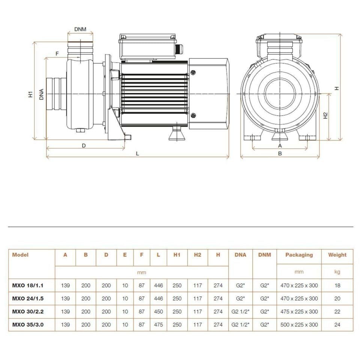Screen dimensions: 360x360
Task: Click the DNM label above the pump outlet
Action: (80, 29)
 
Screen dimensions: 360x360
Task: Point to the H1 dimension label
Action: (31, 94)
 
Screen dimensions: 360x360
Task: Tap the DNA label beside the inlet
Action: (41, 94)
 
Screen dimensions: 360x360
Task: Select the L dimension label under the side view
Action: (138, 153)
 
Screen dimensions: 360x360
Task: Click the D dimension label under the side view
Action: (84, 145)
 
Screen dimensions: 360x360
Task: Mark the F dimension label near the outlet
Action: (57, 54)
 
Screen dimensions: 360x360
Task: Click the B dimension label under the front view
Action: (280, 153)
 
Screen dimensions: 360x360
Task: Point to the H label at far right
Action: (337, 88)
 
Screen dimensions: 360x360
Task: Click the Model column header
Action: (20, 255)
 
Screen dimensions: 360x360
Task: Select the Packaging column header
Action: (299, 255)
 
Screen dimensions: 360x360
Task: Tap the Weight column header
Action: (337, 255)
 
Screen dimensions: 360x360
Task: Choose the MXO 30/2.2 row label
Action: (27, 312)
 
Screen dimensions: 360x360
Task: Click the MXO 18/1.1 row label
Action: (27, 285)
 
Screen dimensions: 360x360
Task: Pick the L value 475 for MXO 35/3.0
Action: (158, 325)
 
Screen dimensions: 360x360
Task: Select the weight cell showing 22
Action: (337, 312)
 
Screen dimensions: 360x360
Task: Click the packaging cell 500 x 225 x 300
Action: (299, 325)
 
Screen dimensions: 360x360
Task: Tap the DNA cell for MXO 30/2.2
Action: (240, 312)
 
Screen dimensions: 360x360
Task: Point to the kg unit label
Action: (337, 272)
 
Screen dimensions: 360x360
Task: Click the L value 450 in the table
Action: (158, 312)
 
